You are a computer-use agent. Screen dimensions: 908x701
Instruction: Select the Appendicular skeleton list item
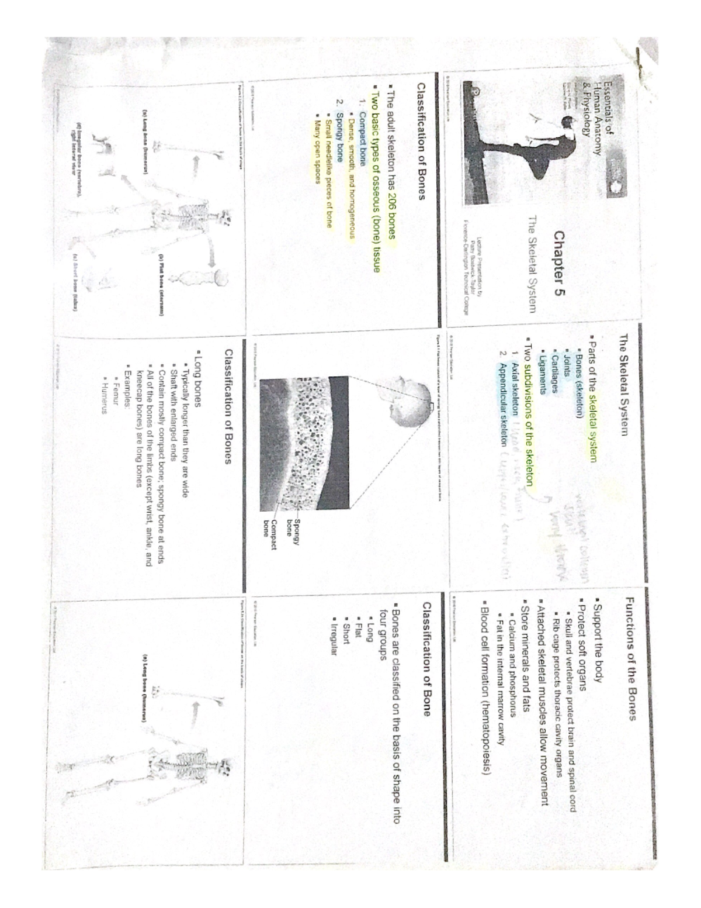(x=502, y=403)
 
